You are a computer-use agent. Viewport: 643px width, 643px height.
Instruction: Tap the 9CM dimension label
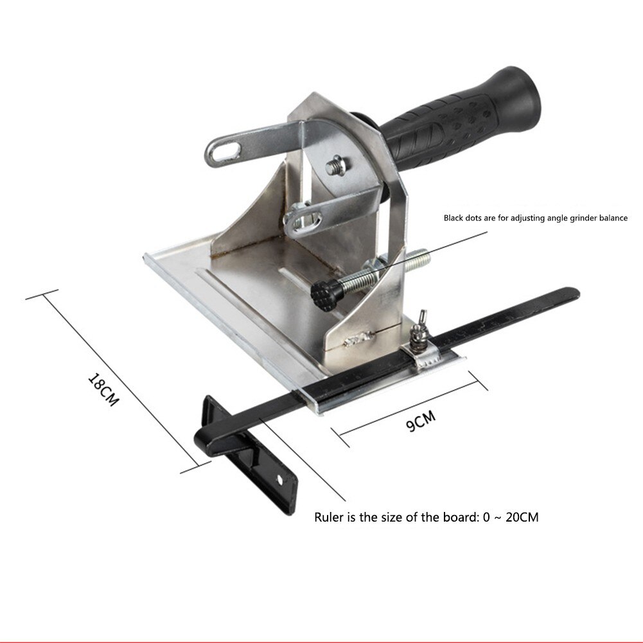point(421,422)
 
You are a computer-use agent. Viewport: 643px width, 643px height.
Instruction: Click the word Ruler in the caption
point(330,518)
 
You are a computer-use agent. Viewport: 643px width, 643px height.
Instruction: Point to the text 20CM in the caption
point(522,518)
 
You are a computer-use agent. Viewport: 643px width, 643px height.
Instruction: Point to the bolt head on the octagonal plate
point(335,164)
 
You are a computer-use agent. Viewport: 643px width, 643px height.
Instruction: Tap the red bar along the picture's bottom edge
point(321,640)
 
